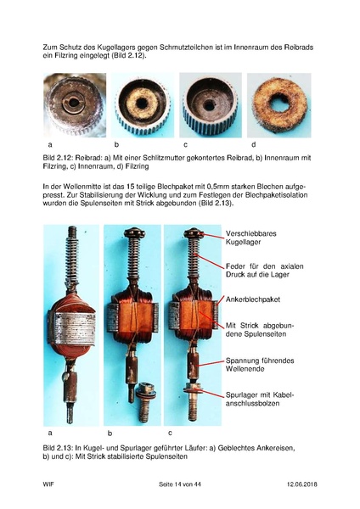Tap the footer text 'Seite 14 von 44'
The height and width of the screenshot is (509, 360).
point(182,484)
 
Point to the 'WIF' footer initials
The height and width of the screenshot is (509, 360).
point(49,484)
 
